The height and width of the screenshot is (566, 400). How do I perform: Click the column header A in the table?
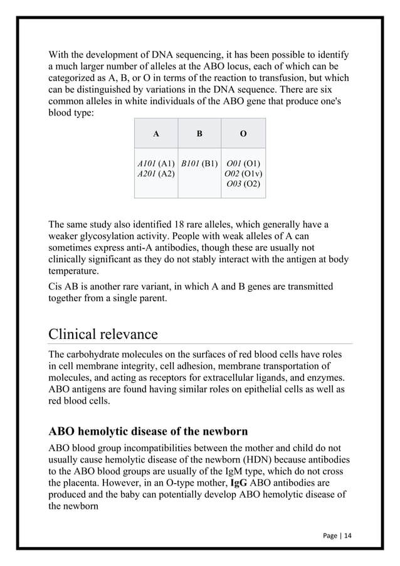point(156,134)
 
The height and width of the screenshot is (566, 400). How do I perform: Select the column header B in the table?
point(199,134)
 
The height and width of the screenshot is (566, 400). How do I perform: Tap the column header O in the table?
point(243,134)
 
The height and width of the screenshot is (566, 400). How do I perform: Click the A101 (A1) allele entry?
point(156,164)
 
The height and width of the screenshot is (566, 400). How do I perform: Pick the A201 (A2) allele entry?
point(156,174)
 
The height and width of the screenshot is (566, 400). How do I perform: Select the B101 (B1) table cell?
point(199,164)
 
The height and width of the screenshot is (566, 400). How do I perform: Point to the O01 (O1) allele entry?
point(243,164)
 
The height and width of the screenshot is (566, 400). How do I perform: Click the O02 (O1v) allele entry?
point(243,174)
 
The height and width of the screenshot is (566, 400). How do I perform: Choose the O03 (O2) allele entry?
point(243,184)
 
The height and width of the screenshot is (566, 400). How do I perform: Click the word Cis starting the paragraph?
point(56,287)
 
